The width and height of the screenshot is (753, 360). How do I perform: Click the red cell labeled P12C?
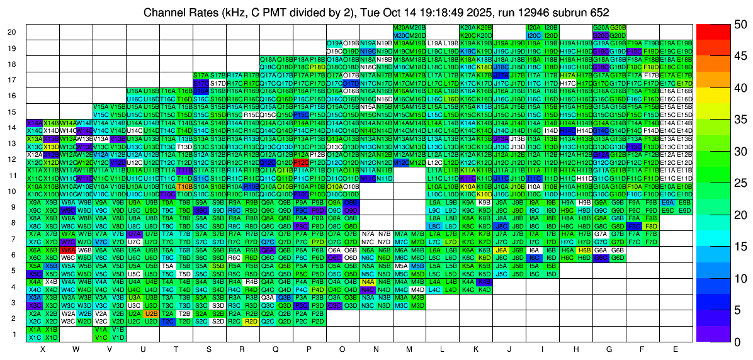[x=300, y=162]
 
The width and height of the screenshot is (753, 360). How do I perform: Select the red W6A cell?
[x=68, y=250]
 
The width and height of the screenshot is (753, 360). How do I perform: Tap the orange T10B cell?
[x=184, y=186]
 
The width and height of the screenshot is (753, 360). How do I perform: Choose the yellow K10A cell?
[x=467, y=186]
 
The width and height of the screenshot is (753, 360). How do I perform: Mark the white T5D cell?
[x=184, y=274]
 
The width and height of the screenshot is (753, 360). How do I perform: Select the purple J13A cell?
[x=500, y=138]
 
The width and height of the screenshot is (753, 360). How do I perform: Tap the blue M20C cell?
[x=400, y=35]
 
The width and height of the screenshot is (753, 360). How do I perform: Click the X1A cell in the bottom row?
[x=35, y=329]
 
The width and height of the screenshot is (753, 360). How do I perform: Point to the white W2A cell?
[x=68, y=313]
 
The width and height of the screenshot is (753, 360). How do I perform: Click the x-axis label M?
[x=409, y=349]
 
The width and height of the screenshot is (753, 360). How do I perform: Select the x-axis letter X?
[x=43, y=349]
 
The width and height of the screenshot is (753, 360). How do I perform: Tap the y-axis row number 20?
[x=12, y=32]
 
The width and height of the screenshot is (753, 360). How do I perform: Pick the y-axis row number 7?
[x=14, y=239]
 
